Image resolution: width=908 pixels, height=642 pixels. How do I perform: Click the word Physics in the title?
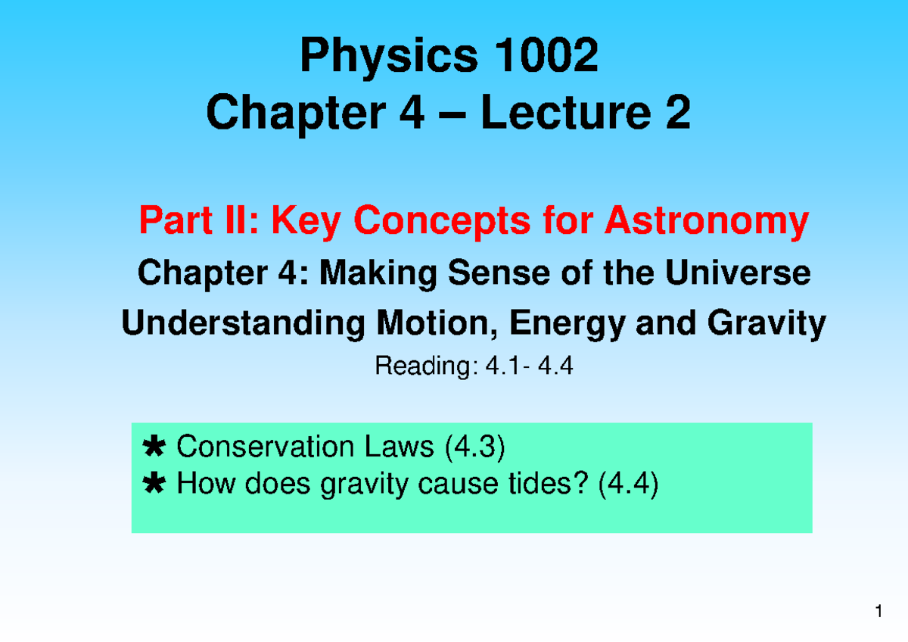[389, 57]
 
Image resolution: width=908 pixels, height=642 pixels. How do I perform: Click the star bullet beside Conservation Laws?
[154, 448]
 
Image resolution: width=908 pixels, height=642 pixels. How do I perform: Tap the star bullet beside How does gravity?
[154, 483]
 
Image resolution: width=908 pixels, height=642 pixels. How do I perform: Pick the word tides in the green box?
[546, 483]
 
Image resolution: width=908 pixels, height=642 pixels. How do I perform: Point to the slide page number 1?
[879, 612]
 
